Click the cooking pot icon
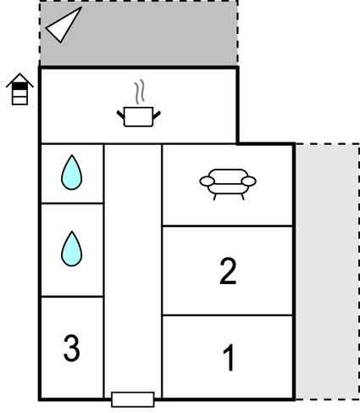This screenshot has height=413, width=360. (139, 116)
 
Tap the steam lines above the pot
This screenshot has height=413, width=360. (139, 92)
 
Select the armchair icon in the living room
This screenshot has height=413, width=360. (228, 184)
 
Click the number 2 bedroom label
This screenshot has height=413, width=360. (228, 271)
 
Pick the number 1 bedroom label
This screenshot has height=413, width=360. (230, 357)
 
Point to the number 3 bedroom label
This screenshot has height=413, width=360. (71, 348)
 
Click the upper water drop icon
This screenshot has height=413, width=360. (72, 172)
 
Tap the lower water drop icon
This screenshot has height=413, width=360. (72, 248)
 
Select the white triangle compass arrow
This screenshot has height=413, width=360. (64, 25)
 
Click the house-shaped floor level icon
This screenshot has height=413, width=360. (19, 89)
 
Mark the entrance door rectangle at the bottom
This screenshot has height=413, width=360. (133, 399)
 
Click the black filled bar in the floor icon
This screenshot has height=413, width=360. (19, 86)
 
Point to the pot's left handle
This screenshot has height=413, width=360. (120, 114)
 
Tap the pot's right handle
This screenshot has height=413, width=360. (157, 114)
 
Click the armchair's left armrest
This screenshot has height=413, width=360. (207, 181)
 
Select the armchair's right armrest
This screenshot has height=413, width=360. (249, 181)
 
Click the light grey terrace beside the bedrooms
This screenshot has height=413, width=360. (328, 271)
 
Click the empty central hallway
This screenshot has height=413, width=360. (133, 269)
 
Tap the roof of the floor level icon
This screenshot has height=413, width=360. (19, 80)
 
